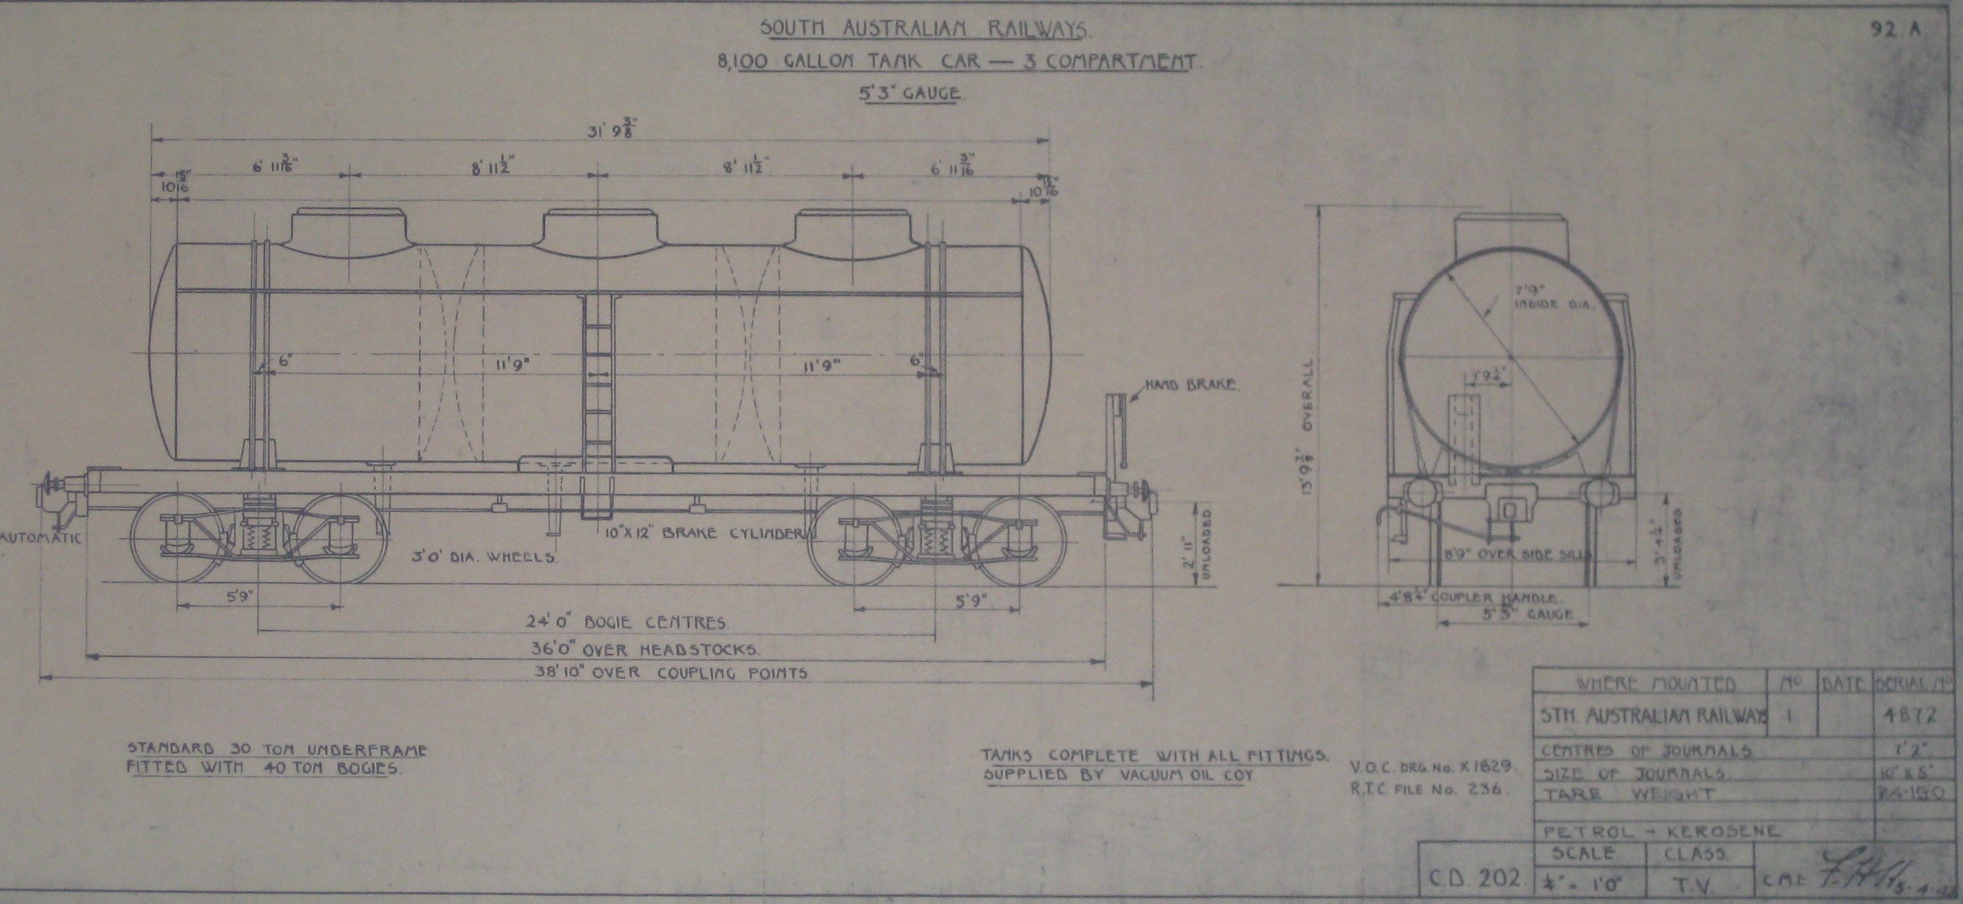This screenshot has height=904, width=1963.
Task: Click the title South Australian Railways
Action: (x=925, y=29)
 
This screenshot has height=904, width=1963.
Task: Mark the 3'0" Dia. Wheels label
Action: (x=484, y=556)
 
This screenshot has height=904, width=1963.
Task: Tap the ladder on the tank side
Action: (x=597, y=381)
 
